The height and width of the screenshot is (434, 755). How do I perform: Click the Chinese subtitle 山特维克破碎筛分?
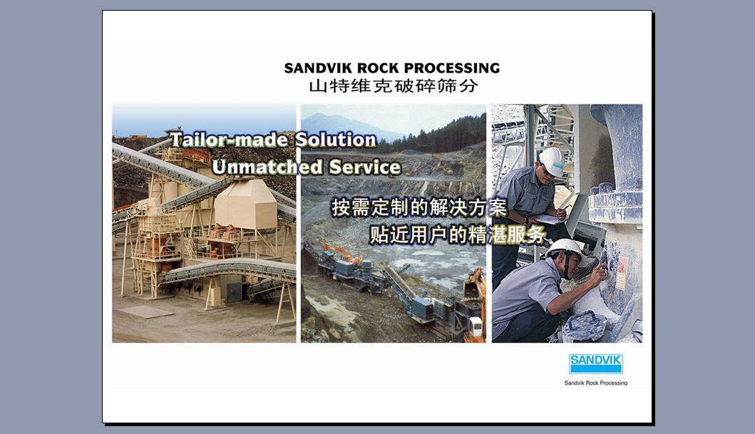[393, 87]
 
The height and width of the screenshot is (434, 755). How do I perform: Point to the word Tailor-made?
[230, 140]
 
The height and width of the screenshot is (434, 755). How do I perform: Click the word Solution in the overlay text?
[336, 140]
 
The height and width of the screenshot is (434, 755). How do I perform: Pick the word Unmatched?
[267, 167]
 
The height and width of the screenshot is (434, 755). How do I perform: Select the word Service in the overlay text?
[365, 167]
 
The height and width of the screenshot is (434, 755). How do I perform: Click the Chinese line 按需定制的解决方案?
[419, 208]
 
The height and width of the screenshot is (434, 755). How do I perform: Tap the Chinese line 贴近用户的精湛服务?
[457, 235]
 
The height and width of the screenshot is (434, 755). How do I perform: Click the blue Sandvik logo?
[595, 363]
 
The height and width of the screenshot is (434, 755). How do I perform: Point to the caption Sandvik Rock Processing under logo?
[595, 383]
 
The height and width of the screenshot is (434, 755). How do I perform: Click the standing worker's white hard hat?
[553, 161]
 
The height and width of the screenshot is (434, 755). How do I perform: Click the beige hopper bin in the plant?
[245, 203]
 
